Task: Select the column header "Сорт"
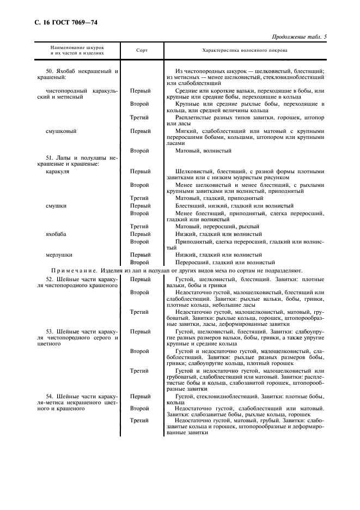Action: [142, 50]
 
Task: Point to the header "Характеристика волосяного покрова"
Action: [245, 50]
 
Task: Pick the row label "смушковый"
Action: [60, 131]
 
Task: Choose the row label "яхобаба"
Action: [56, 234]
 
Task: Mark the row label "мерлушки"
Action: [59, 254]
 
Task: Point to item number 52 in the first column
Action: [49, 279]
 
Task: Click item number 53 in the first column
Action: [49, 331]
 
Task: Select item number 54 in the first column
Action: [49, 397]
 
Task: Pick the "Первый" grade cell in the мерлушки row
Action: [141, 254]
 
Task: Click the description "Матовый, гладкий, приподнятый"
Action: [219, 198]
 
